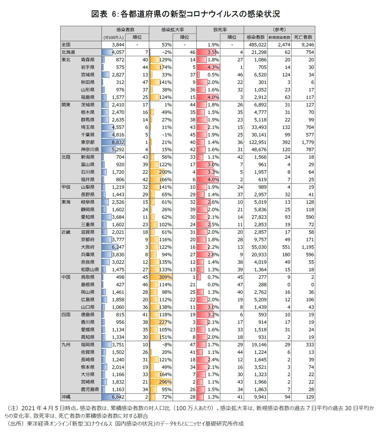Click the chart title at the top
(x=185, y=14)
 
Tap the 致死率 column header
(x=220, y=30)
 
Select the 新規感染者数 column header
(x=279, y=38)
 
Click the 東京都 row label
(x=88, y=142)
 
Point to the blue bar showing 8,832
(x=113, y=142)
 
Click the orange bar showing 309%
(x=161, y=277)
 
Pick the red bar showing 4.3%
(x=208, y=67)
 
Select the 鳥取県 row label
(x=88, y=277)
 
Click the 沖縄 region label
(x=66, y=397)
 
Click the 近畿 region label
(x=66, y=232)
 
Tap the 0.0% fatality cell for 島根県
(x=213, y=285)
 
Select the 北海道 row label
(x=68, y=52)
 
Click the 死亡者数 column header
(x=303, y=37)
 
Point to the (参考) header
(x=279, y=30)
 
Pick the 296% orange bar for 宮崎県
(x=161, y=382)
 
